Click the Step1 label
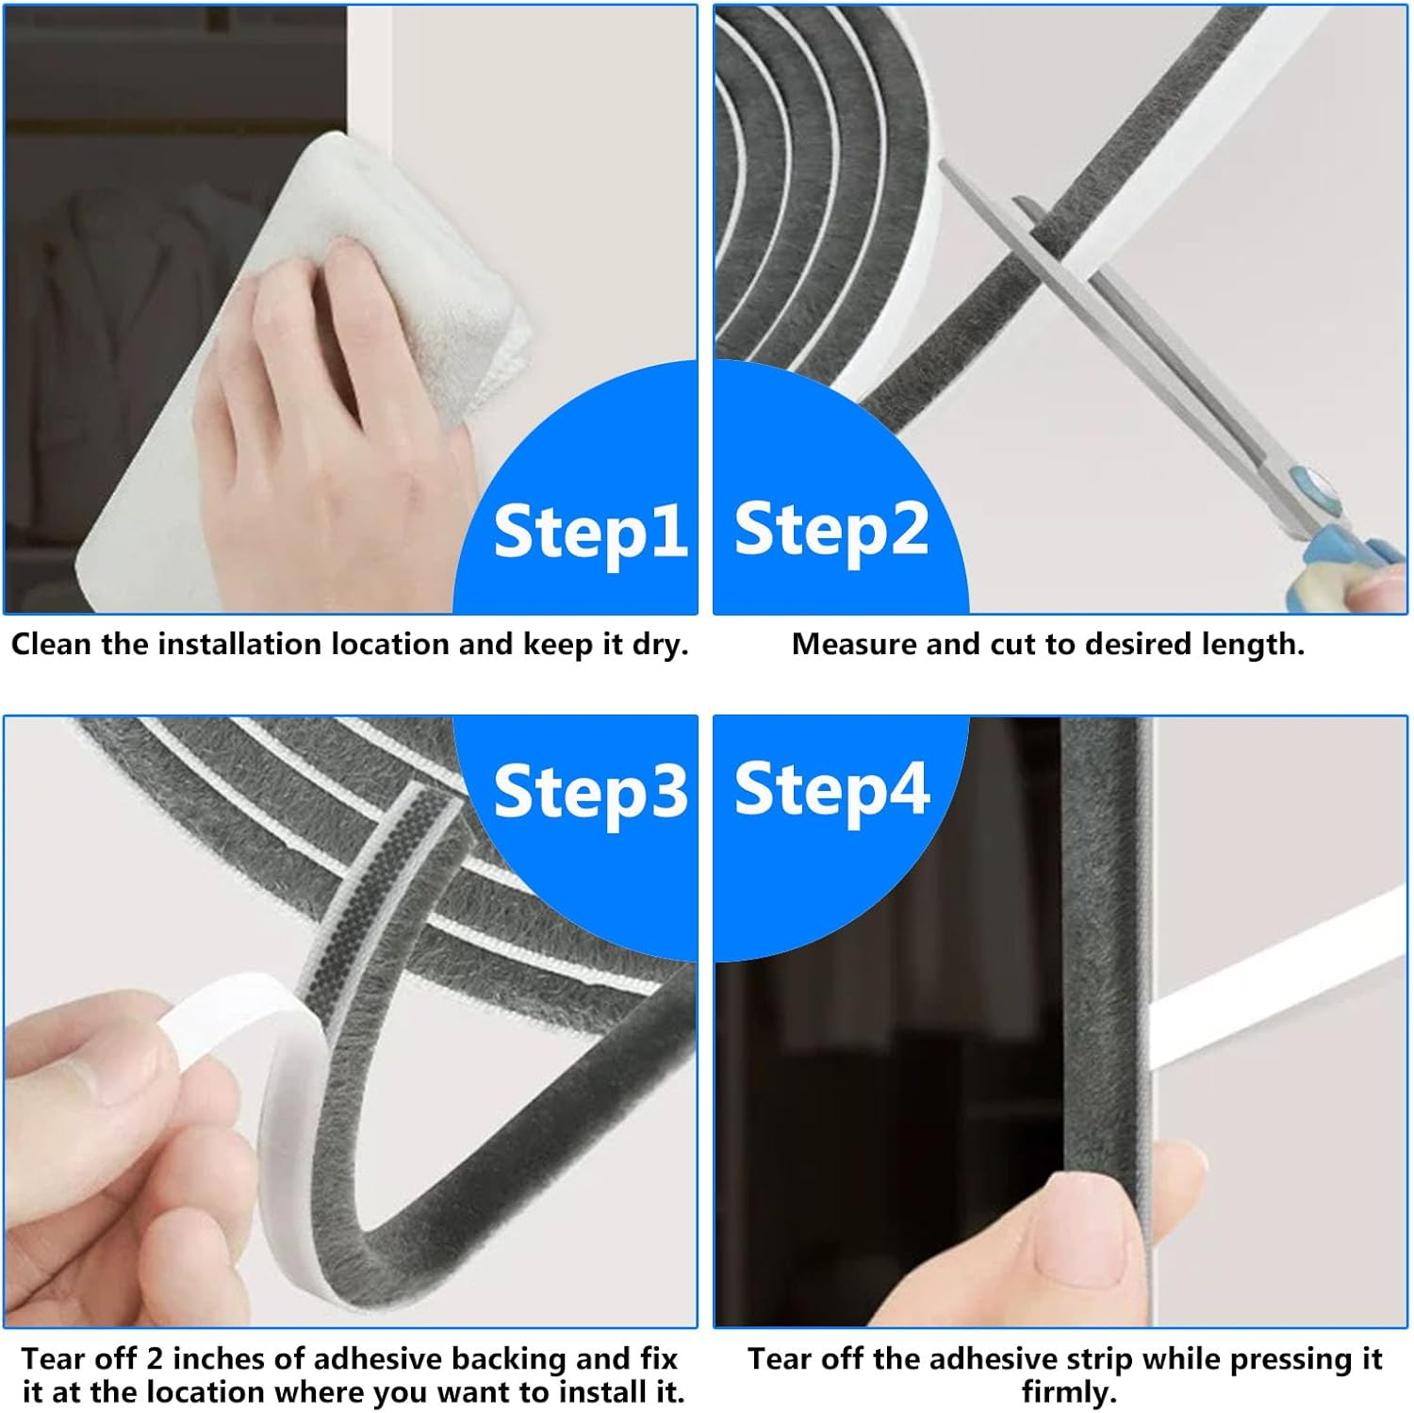[x=589, y=532]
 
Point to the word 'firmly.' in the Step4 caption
[x=1068, y=1392]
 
